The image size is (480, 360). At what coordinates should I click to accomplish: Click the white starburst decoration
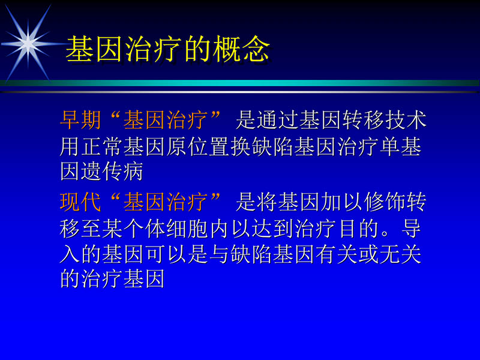(28, 42)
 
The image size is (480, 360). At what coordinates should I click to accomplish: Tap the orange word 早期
(80, 121)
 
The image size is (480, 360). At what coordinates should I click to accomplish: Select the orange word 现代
(80, 202)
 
